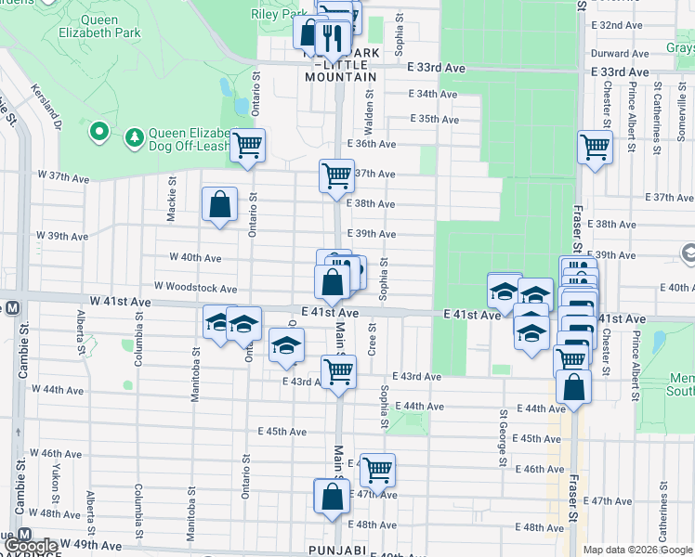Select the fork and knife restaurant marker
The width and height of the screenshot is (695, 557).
click(x=332, y=37)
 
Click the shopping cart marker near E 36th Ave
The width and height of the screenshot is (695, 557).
click(x=247, y=145)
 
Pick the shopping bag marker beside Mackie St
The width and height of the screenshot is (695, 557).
click(x=219, y=204)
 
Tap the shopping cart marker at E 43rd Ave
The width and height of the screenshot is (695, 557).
click(x=338, y=371)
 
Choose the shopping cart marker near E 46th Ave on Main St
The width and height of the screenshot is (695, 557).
click(x=377, y=470)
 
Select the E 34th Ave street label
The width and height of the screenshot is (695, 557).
click(x=435, y=94)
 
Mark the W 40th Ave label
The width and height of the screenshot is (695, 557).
click(x=195, y=257)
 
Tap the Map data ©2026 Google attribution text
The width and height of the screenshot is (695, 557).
click(x=637, y=550)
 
